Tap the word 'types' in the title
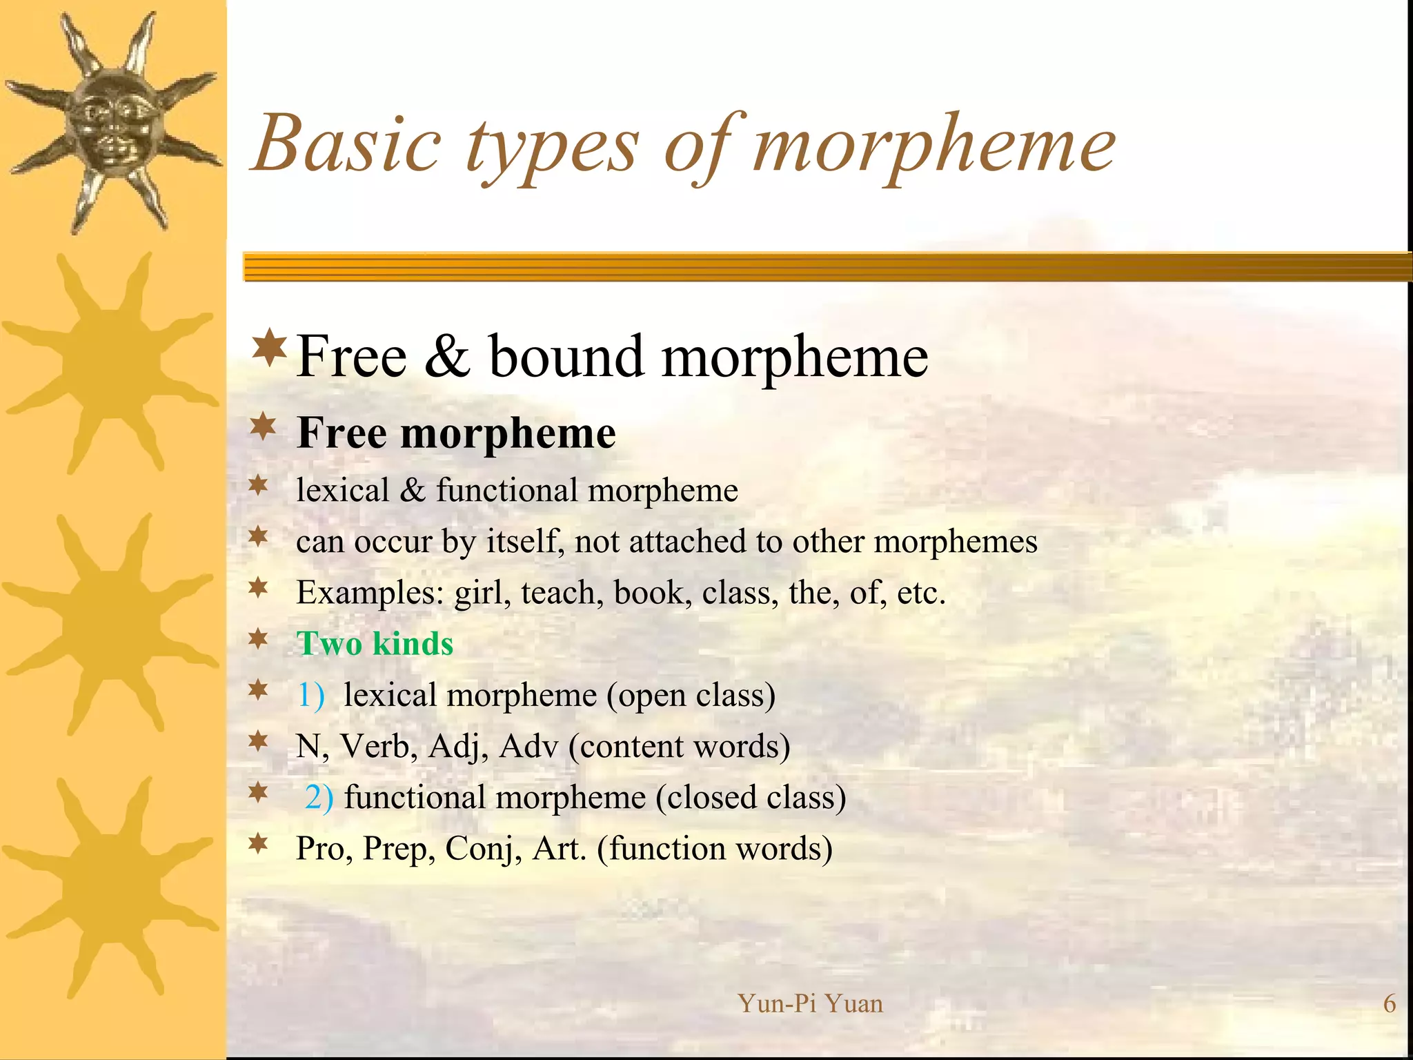tap(552, 148)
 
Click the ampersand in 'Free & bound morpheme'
tap(447, 357)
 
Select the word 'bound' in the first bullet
tap(566, 357)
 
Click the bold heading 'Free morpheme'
tap(456, 433)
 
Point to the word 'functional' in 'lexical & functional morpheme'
tap(506, 491)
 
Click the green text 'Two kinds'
tap(375, 644)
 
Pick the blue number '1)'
tap(310, 695)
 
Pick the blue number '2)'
tap(319, 797)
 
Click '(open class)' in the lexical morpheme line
tap(691, 696)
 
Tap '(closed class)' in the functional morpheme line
tap(751, 798)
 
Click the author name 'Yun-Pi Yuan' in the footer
tap(810, 1003)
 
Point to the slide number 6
tap(1390, 1003)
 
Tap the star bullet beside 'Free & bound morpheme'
tap(270, 348)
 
